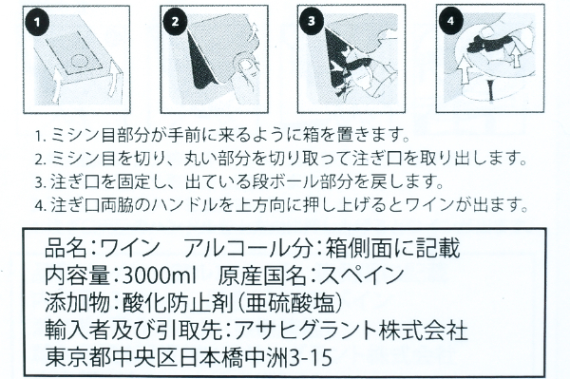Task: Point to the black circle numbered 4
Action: (x=450, y=20)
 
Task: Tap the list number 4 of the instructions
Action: (x=36, y=202)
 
